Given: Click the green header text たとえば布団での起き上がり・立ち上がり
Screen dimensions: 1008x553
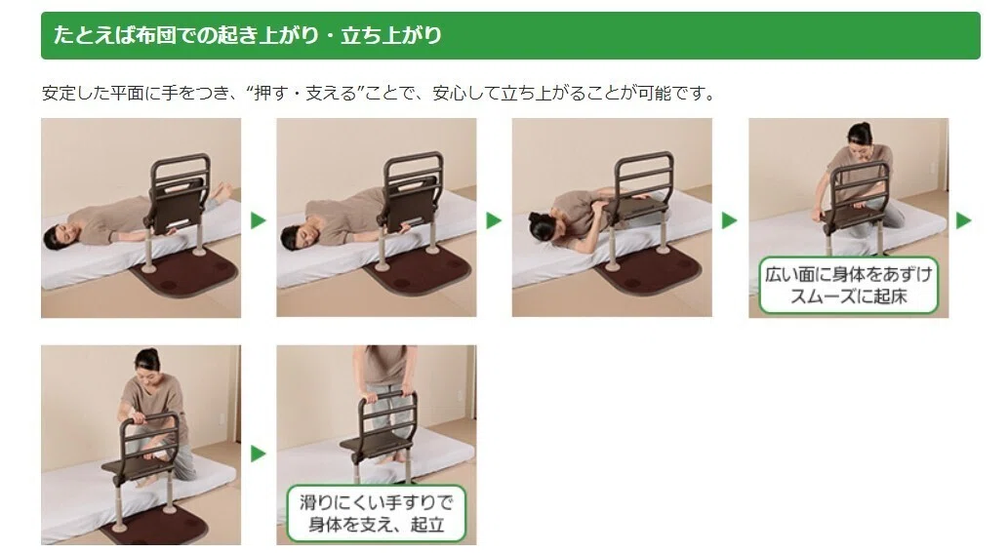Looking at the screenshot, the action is click(x=248, y=35).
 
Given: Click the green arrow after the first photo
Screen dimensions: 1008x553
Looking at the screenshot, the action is click(x=259, y=220).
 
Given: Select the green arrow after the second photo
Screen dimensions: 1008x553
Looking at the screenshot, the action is click(x=494, y=220).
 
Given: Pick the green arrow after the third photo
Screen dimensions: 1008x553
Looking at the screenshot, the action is click(x=729, y=220).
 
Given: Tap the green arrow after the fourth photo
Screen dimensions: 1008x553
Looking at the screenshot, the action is click(x=964, y=220).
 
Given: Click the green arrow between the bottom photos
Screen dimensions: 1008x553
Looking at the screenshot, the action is click(x=259, y=454).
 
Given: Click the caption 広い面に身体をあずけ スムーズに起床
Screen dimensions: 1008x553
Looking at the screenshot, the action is click(x=848, y=285).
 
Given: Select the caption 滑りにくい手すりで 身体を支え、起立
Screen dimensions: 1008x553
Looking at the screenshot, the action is click(x=376, y=513).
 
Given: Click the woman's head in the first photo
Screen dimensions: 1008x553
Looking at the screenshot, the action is click(x=57, y=237).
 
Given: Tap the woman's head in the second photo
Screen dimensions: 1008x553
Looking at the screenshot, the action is click(x=296, y=236).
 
